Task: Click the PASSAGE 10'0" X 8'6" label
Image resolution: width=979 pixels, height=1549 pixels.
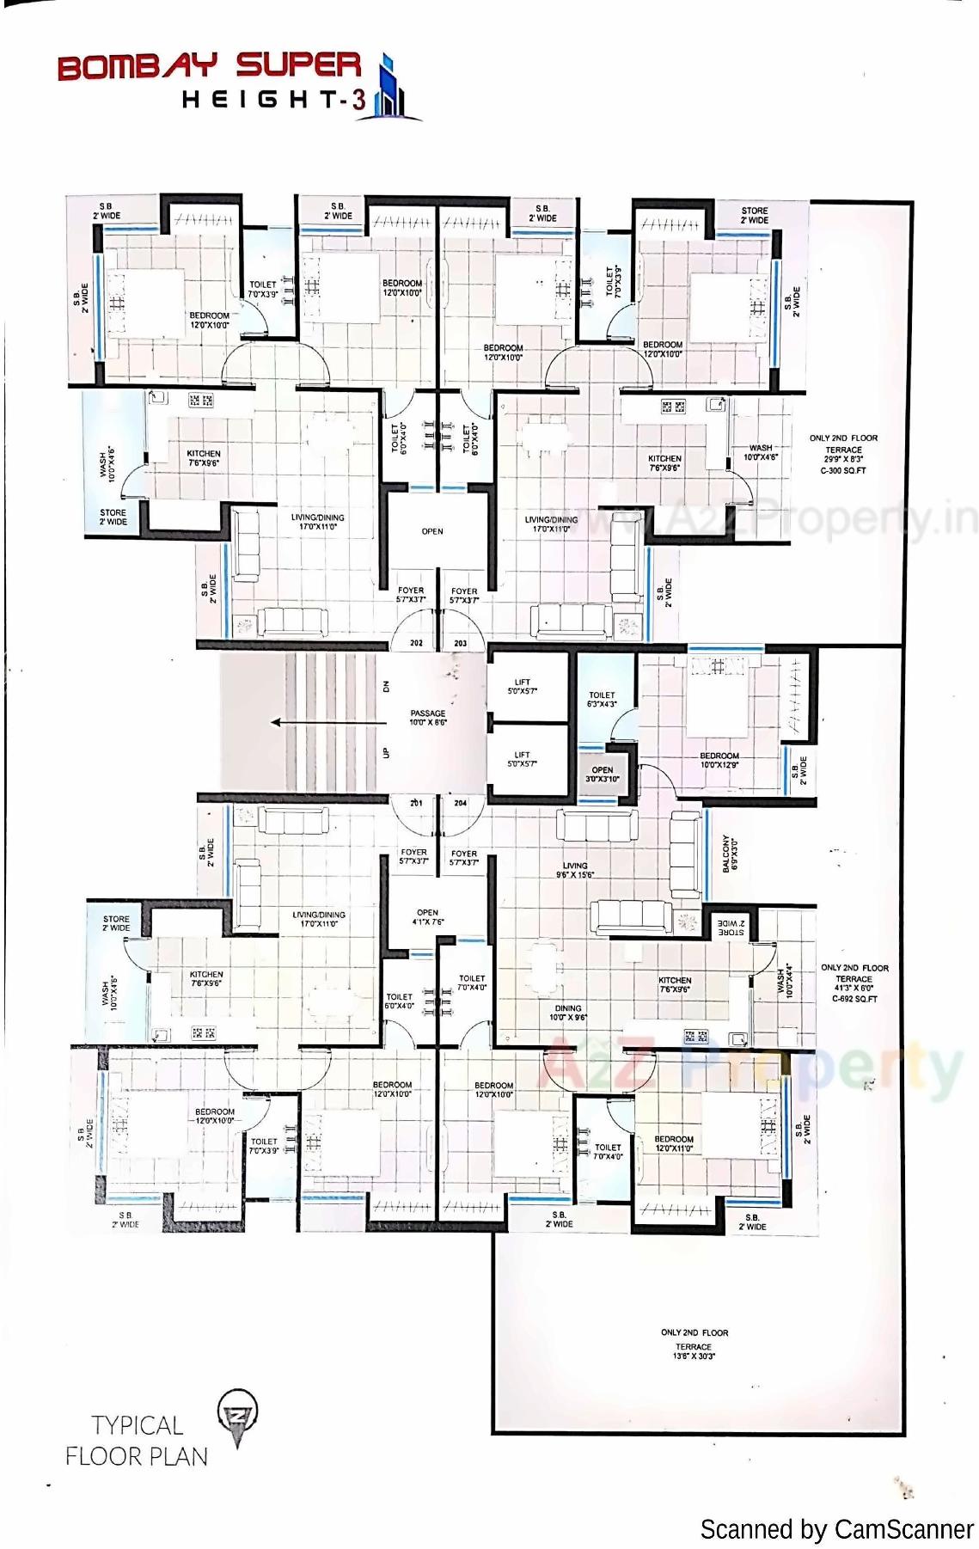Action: pyautogui.click(x=428, y=718)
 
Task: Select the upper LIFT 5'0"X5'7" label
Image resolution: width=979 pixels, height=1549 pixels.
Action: pyautogui.click(x=522, y=686)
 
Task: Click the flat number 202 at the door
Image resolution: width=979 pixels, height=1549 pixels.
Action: pyautogui.click(x=416, y=643)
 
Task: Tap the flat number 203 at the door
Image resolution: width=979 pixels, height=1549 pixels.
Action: pyautogui.click(x=461, y=643)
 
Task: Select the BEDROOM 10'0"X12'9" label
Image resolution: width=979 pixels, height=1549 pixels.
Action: pyautogui.click(x=719, y=760)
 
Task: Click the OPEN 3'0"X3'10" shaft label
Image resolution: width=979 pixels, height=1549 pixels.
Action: pyautogui.click(x=603, y=774)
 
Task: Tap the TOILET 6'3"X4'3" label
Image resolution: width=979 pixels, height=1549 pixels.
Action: pyautogui.click(x=602, y=699)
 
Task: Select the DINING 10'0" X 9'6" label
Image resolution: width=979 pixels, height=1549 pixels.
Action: pyautogui.click(x=568, y=1013)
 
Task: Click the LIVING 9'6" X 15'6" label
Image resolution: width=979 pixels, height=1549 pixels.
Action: pyautogui.click(x=574, y=870)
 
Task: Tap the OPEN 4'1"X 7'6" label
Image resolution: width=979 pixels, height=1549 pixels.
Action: pyautogui.click(x=427, y=917)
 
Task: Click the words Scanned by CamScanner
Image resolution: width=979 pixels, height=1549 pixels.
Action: pyautogui.click(x=835, y=1529)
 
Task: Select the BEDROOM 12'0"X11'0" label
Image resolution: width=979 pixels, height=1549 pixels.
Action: pyautogui.click(x=674, y=1143)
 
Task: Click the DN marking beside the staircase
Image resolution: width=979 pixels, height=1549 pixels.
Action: pyautogui.click(x=387, y=686)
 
